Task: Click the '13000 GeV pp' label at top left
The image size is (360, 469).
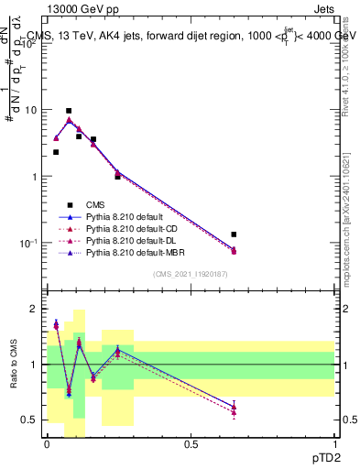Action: [77, 8]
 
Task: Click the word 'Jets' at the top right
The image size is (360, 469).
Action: [323, 8]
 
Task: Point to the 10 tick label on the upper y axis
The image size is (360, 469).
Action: [30, 110]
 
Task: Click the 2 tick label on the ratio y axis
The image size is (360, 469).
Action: [34, 310]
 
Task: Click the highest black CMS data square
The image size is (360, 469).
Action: [69, 111]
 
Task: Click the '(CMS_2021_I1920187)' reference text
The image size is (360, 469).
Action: [190, 273]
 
